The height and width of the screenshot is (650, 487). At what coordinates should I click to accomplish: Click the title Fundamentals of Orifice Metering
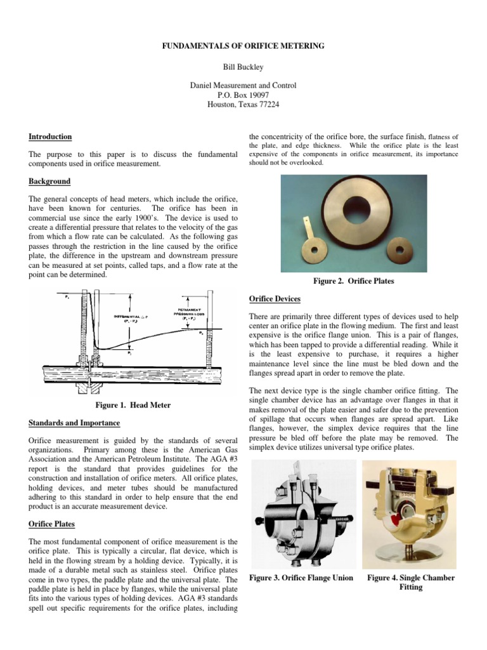click(243, 46)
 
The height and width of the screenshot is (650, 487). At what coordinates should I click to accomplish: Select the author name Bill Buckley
click(243, 66)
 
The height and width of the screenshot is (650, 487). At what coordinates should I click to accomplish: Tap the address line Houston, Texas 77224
click(243, 105)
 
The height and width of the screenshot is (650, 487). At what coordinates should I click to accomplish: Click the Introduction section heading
click(50, 136)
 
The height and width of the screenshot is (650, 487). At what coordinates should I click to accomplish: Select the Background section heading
click(49, 181)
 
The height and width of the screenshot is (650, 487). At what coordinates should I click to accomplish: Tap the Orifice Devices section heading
click(274, 298)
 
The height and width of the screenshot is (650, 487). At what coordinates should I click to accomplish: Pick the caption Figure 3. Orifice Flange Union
click(302, 578)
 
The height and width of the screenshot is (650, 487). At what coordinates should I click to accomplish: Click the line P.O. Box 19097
click(243, 95)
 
